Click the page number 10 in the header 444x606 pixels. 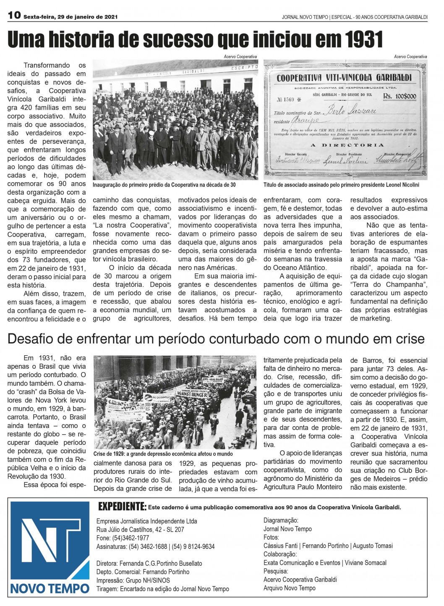pos(14,16)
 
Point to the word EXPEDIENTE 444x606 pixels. pos(122,506)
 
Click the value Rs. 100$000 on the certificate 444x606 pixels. pos(399,96)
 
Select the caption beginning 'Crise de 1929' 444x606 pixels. pos(163,454)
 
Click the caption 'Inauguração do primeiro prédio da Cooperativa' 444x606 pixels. pos(164,185)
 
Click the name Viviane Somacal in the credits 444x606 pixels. pos(366,563)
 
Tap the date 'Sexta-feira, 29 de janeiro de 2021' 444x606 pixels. pos(71,17)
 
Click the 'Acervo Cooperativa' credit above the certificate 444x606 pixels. pos(410,57)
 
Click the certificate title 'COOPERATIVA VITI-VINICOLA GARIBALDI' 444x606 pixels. pos(344,78)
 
